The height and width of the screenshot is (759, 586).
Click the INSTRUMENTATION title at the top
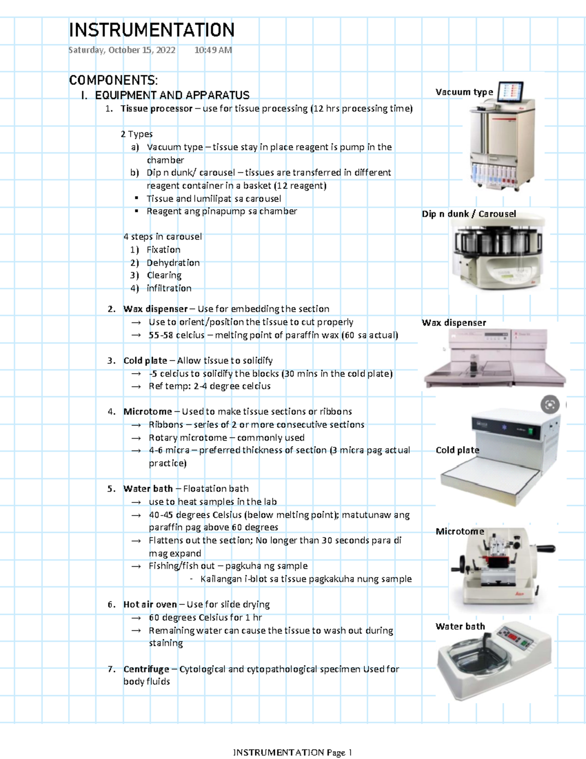[x=151, y=30]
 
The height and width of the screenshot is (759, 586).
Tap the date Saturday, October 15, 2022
[x=122, y=50]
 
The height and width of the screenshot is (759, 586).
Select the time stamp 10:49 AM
[x=213, y=50]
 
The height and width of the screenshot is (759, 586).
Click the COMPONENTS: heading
[x=113, y=80]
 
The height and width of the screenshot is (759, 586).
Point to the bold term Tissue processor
[x=156, y=108]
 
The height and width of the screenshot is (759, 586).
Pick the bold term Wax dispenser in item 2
[x=155, y=309]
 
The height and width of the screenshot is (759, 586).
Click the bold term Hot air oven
[x=150, y=604]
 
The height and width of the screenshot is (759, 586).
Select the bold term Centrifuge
[x=146, y=669]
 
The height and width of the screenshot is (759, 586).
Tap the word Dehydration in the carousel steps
[x=173, y=262]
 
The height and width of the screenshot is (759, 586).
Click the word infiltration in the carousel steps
[x=169, y=288]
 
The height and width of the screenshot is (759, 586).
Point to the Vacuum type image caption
[x=464, y=92]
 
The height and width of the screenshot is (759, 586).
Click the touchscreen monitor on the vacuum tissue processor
[x=510, y=92]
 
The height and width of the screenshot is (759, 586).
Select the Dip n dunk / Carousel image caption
[x=469, y=214]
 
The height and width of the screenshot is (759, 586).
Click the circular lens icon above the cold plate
[x=550, y=404]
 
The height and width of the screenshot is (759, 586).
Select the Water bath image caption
[x=460, y=626]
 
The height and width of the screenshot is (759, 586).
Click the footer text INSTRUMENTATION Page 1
[x=293, y=752]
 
